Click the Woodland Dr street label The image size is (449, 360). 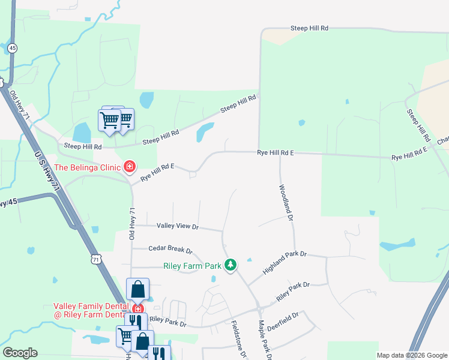pyautogui.click(x=286, y=202)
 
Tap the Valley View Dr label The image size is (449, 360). pyautogui.click(x=177, y=226)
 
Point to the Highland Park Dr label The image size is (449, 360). pyautogui.click(x=285, y=263)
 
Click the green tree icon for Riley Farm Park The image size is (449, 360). pyautogui.click(x=231, y=265)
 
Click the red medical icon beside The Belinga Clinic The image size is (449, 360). pyautogui.click(x=128, y=166)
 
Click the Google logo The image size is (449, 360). pyautogui.click(x=20, y=352)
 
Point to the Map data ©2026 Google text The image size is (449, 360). pyautogui.click(x=411, y=355)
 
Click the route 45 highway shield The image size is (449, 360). pyautogui.click(x=13, y=48)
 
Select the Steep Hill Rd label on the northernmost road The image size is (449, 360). pyautogui.click(x=309, y=28)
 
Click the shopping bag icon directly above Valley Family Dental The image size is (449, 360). pyautogui.click(x=137, y=289)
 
